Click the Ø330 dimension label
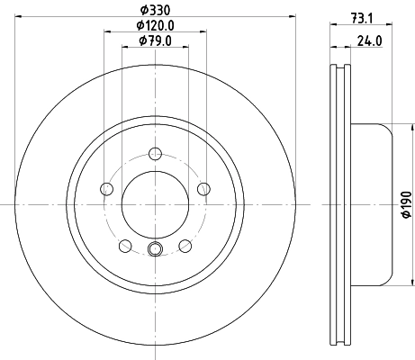155,11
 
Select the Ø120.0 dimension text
155,25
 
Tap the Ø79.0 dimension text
155,40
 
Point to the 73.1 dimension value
362,19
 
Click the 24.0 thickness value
370,40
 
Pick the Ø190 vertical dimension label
407,204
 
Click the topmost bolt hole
155,154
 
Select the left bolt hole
106,189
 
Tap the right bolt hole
203,189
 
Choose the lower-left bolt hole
125,246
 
